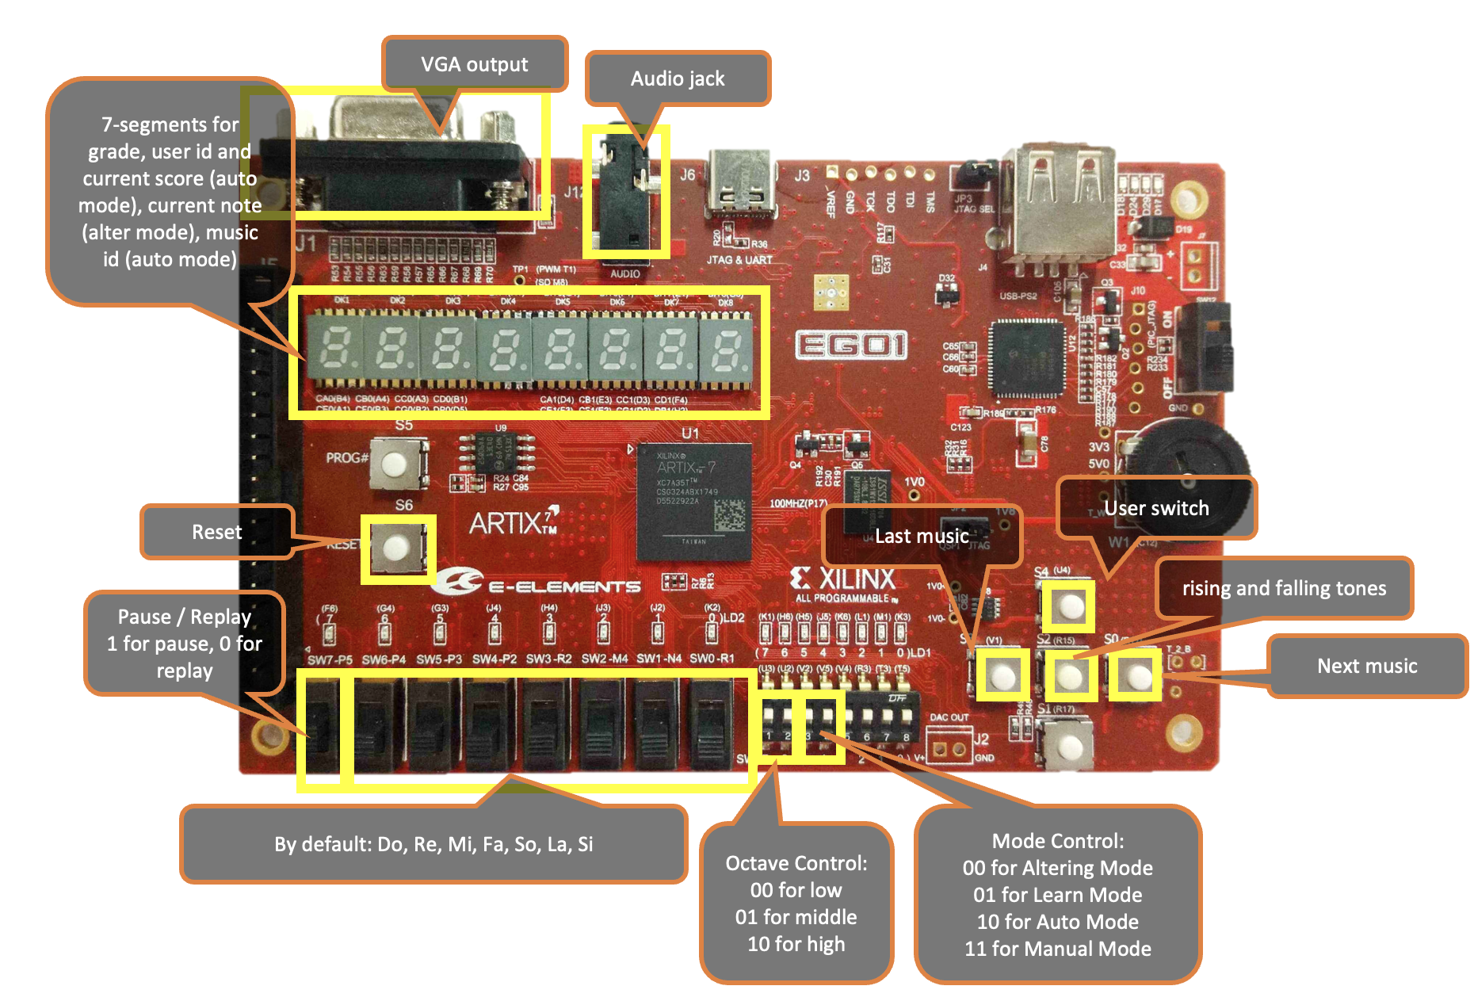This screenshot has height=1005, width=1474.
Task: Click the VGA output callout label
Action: pos(474,64)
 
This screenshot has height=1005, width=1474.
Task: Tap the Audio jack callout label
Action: pos(678,78)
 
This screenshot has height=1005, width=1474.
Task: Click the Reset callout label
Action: pos(216,532)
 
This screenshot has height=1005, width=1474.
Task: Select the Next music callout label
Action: pos(1367,666)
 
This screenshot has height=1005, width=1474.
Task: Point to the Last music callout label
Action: pos(922,537)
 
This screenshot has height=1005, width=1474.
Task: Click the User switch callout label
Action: pos(1156,508)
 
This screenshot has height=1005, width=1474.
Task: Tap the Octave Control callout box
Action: pos(796,904)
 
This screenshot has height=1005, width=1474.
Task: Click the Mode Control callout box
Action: pos(1058,895)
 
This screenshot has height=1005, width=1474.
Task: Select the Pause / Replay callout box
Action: pos(184,643)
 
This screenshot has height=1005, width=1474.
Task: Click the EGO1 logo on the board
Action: pos(850,346)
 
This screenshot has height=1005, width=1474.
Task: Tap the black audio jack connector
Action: pos(624,198)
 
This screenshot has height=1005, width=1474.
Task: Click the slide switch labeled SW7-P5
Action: pos(321,725)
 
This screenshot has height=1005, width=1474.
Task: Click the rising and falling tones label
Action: pos(1284,588)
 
